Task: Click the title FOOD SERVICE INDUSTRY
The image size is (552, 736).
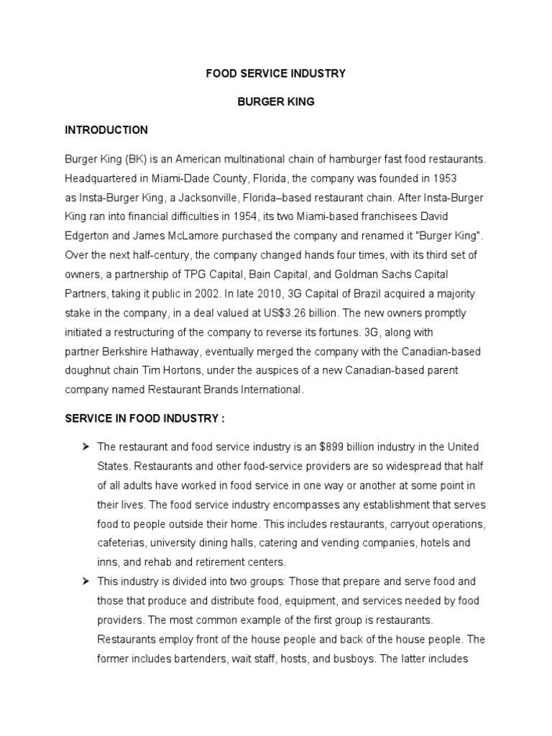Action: click(276, 73)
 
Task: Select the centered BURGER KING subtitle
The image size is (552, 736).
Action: click(276, 102)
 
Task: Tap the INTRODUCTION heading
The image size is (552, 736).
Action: click(106, 130)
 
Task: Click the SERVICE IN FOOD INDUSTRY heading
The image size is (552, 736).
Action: click(146, 418)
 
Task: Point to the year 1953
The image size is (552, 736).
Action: click(445, 178)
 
